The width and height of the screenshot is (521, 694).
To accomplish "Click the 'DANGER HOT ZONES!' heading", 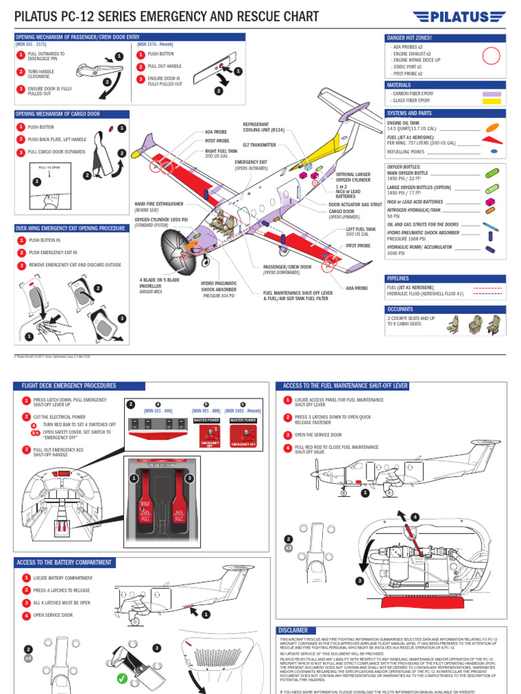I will (x=409, y=38).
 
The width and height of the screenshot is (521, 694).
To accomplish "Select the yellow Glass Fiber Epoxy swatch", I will (x=491, y=100).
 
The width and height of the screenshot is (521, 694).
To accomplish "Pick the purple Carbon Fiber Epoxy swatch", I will (x=491, y=94).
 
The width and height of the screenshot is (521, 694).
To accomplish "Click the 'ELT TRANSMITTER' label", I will (x=259, y=145).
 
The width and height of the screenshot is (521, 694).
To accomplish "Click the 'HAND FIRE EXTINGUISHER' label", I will (x=159, y=203).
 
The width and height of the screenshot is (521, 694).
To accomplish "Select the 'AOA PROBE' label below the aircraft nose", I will (x=357, y=288).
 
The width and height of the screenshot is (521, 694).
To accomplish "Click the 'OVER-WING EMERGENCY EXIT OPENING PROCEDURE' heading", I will (x=71, y=228).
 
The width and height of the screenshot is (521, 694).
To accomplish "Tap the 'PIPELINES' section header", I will (x=398, y=279).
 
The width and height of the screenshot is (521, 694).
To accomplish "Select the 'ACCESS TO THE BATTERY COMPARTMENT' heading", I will (x=65, y=563).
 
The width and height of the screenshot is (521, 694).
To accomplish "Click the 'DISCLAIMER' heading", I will (x=294, y=630).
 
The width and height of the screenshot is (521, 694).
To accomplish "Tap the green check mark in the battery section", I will (x=122, y=678).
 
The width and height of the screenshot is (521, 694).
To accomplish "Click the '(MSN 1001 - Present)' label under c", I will (x=243, y=411).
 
